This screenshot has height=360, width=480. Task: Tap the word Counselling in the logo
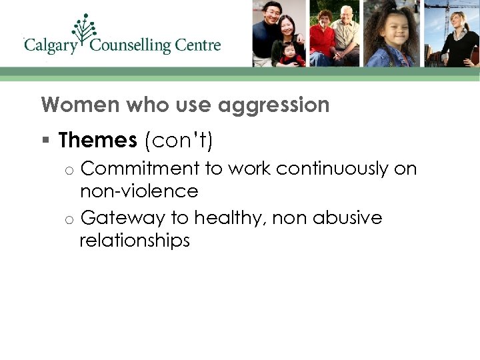(x=131, y=46)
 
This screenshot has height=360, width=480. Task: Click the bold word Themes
(x=97, y=141)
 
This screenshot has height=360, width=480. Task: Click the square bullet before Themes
(x=45, y=141)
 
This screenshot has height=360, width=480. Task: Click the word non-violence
(x=139, y=192)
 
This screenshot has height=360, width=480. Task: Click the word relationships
(x=135, y=241)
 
